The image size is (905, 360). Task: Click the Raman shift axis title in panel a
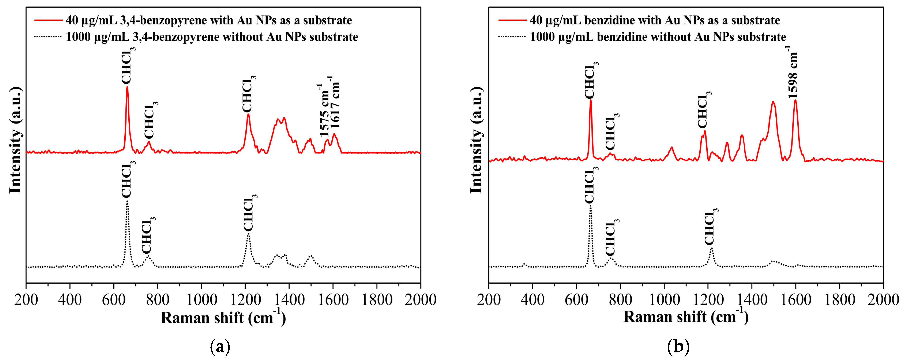223,318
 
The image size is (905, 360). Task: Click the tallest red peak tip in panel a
127,86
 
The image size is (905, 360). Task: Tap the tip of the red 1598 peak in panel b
795,100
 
